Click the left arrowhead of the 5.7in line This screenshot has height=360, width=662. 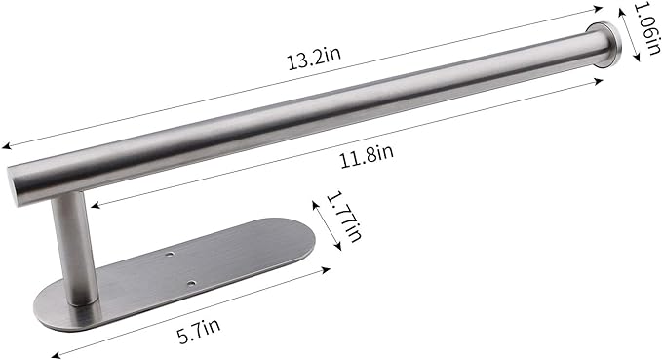tap(55, 355)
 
